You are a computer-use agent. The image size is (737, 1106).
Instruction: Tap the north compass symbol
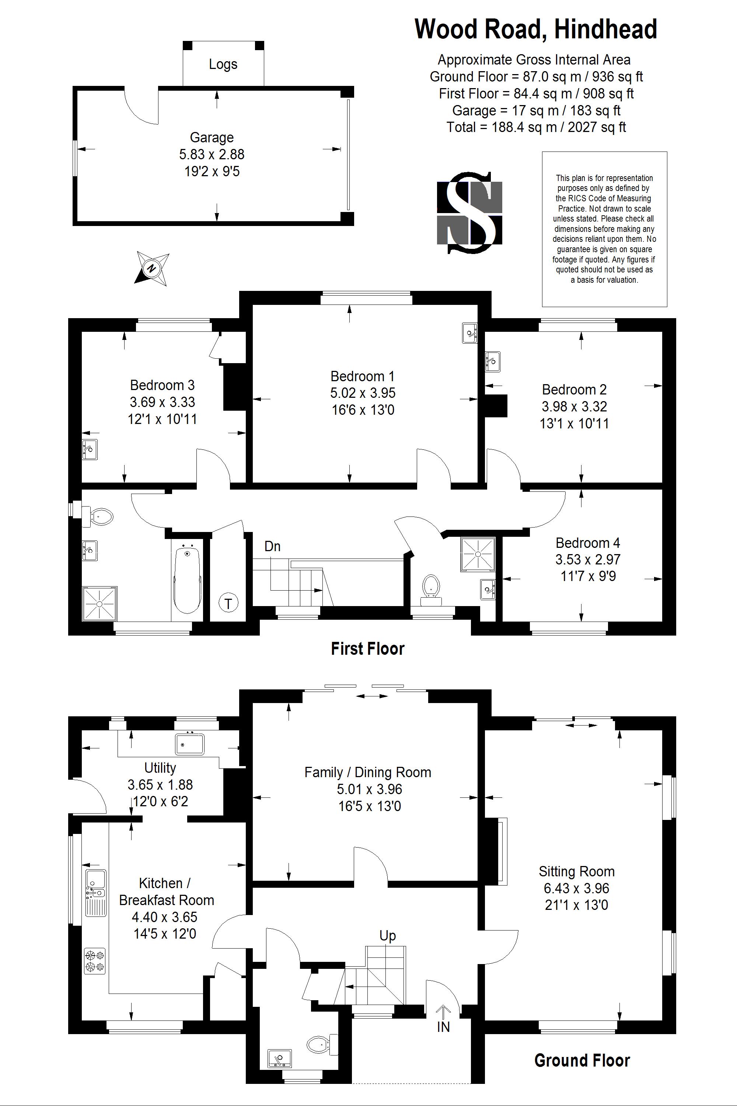(x=152, y=268)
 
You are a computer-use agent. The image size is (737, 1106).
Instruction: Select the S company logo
(x=469, y=213)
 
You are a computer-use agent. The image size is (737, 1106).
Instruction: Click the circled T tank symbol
(x=228, y=603)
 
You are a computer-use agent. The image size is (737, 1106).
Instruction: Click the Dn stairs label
(x=273, y=546)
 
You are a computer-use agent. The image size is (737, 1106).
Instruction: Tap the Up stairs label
(x=388, y=936)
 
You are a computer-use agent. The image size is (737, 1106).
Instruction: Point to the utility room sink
(x=190, y=744)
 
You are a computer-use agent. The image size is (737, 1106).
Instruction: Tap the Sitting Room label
(x=577, y=872)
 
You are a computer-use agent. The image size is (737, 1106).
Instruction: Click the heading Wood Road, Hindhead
(x=536, y=29)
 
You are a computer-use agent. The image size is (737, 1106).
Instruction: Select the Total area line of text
(x=536, y=127)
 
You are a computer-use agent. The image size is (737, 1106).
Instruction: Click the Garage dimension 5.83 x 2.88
(x=212, y=154)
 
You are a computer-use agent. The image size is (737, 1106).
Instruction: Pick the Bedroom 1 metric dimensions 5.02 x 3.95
(x=363, y=393)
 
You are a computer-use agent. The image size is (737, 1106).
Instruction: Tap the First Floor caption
(x=367, y=648)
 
